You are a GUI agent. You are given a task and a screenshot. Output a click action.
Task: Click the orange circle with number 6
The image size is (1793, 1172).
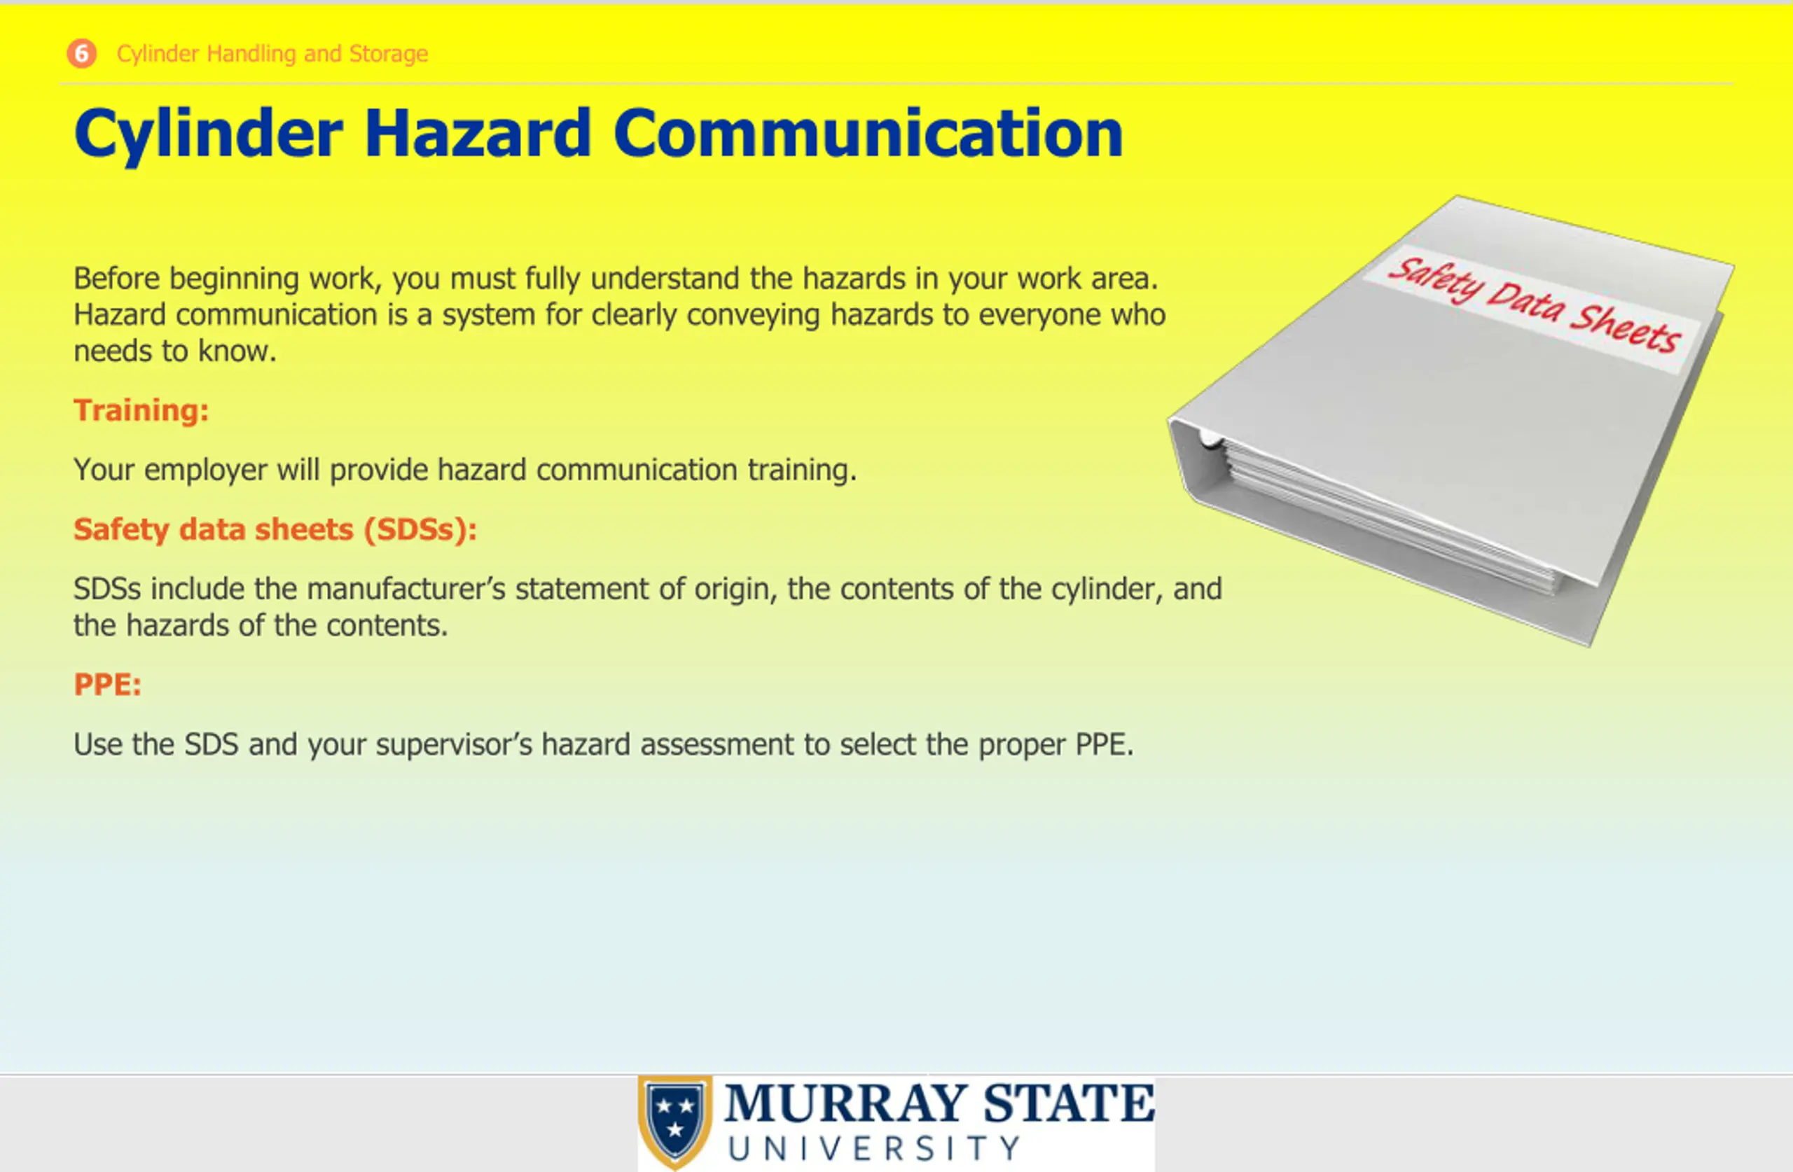click(81, 53)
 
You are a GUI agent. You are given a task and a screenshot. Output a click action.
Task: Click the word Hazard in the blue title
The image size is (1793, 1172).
click(478, 133)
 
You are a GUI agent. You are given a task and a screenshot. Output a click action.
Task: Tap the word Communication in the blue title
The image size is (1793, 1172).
click(868, 133)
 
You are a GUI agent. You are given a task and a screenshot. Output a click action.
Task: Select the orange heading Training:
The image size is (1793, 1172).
click(141, 410)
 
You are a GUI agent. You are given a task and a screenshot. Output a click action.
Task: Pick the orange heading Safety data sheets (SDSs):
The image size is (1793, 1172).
click(275, 529)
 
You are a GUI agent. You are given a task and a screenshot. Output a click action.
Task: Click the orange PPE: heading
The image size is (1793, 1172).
click(107, 685)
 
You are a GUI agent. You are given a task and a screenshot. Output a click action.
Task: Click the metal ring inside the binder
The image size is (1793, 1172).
click(1209, 438)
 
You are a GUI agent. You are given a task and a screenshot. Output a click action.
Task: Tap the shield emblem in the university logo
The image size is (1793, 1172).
click(675, 1122)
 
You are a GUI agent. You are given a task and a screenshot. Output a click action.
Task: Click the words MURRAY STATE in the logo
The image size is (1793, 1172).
click(939, 1103)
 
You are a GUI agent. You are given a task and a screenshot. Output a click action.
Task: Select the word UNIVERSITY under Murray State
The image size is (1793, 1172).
click(874, 1149)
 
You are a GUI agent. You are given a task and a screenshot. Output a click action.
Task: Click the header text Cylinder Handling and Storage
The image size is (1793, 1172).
click(272, 53)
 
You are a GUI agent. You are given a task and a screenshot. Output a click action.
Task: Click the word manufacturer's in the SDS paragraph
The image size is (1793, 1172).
click(406, 589)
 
